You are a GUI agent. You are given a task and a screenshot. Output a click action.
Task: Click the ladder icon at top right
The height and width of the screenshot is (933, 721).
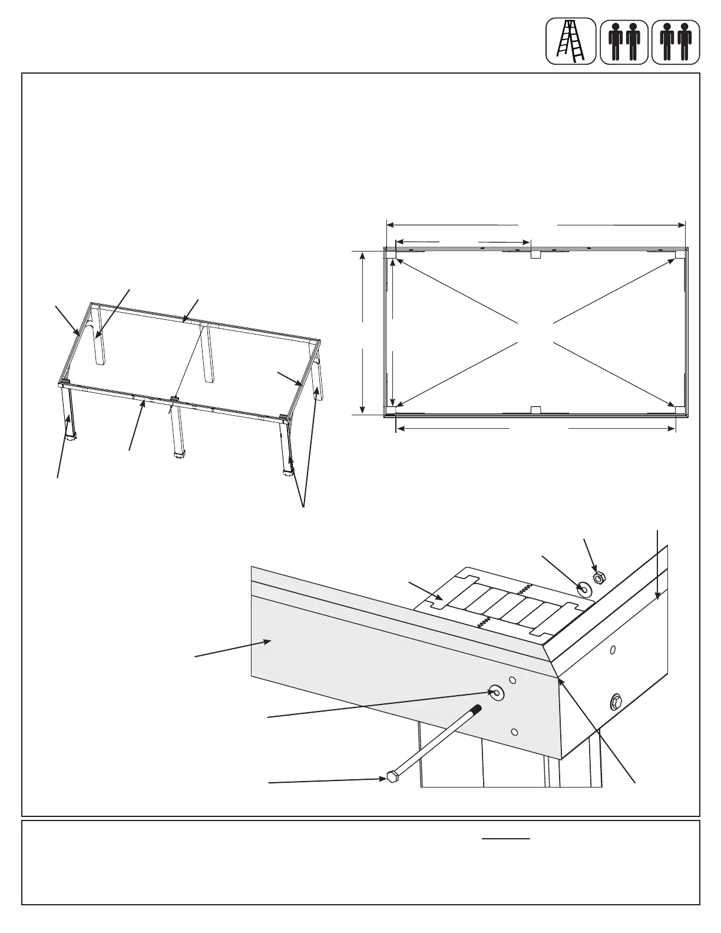click(571, 41)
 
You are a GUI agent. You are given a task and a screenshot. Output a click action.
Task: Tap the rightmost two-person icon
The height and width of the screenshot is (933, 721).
click(676, 41)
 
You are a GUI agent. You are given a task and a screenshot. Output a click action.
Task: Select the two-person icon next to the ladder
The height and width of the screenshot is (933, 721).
click(624, 41)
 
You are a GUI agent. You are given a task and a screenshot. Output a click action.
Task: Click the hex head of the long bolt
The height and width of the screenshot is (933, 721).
click(391, 777)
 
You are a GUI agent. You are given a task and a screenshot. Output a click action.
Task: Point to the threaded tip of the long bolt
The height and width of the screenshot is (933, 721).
click(478, 709)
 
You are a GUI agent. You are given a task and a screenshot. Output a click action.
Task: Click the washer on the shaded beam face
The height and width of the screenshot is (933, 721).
click(496, 694)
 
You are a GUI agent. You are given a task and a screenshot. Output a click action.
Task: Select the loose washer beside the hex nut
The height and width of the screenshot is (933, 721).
click(584, 588)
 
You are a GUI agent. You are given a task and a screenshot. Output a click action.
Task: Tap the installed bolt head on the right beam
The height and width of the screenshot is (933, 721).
click(616, 701)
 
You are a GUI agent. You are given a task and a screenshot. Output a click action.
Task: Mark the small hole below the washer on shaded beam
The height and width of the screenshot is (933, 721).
click(514, 732)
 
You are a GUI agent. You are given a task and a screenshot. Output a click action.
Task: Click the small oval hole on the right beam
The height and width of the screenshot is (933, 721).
click(613, 650)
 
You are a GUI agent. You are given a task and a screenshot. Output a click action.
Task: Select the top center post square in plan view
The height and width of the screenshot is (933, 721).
click(535, 254)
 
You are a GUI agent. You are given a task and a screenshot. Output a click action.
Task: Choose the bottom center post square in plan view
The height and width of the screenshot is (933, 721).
click(535, 410)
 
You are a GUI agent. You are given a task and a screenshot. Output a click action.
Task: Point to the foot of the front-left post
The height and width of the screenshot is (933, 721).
click(72, 438)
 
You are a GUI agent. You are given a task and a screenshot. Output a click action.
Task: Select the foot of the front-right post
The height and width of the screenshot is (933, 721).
click(288, 471)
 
